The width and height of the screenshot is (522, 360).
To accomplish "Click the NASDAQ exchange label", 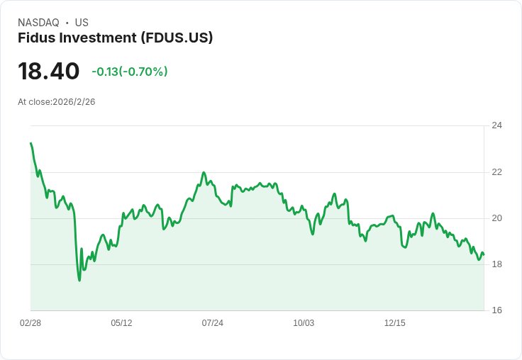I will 38,23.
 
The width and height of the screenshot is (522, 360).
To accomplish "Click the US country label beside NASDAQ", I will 82,23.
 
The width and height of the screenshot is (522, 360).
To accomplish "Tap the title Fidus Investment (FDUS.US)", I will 115,38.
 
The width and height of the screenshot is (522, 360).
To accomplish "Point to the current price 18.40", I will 48,71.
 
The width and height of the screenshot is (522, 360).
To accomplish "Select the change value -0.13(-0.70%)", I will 129,72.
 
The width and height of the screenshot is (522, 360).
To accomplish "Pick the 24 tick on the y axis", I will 496,125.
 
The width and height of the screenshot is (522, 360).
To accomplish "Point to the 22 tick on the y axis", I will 496,171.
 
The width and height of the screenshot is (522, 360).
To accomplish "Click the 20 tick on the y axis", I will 496,218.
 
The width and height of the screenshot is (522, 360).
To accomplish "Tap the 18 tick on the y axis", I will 496,264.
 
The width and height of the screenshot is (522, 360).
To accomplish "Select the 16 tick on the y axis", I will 496,310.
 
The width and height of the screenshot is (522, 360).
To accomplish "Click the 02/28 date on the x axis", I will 30,323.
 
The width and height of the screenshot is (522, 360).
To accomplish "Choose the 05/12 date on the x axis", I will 121,323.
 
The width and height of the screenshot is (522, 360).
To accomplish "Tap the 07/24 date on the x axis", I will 212,323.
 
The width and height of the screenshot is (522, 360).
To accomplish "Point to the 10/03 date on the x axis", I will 304,323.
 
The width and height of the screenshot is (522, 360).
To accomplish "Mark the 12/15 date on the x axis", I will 394,323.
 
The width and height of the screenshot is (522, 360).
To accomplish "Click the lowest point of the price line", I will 79,280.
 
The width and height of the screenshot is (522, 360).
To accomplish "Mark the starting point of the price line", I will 30,143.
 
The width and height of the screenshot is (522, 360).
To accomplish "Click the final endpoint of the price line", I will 484,254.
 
